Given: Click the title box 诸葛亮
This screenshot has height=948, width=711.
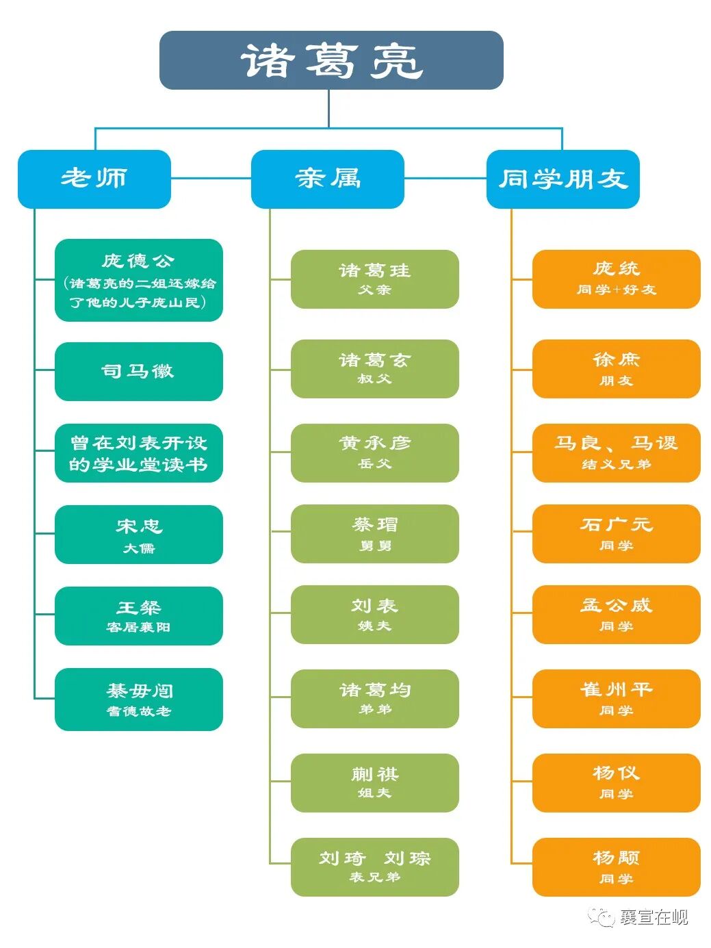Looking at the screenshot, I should [331, 60].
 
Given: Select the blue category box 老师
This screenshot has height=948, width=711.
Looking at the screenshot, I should [94, 179].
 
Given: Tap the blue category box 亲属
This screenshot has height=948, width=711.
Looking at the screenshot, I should [327, 179].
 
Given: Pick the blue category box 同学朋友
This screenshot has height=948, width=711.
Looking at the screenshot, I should [563, 179].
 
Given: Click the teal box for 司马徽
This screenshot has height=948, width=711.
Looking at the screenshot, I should [138, 371].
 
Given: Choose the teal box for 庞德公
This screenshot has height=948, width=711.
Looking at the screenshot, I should [138, 280].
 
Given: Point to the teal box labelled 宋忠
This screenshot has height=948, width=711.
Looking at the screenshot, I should [138, 535].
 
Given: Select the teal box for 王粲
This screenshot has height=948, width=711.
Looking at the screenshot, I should [138, 615].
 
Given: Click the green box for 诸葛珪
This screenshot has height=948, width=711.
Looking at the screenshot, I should [374, 279].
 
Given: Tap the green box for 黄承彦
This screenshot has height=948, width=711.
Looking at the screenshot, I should [374, 452].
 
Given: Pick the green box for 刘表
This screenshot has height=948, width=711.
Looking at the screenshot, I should [374, 614].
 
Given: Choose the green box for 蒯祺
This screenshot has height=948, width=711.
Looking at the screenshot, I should [374, 782].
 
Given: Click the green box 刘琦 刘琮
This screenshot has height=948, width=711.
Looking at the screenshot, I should [374, 867].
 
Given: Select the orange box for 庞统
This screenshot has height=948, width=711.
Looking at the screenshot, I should [616, 279].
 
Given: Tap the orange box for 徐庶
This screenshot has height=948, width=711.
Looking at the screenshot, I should [616, 368].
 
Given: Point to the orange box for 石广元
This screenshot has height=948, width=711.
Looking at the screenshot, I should [616, 533].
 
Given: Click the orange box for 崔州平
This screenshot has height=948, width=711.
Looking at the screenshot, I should [616, 698].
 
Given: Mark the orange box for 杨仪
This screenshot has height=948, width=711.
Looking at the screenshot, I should [616, 782].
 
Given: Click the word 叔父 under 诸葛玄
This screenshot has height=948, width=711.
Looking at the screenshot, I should [374, 379].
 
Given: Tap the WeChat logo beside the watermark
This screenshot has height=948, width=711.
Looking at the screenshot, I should [602, 917].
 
